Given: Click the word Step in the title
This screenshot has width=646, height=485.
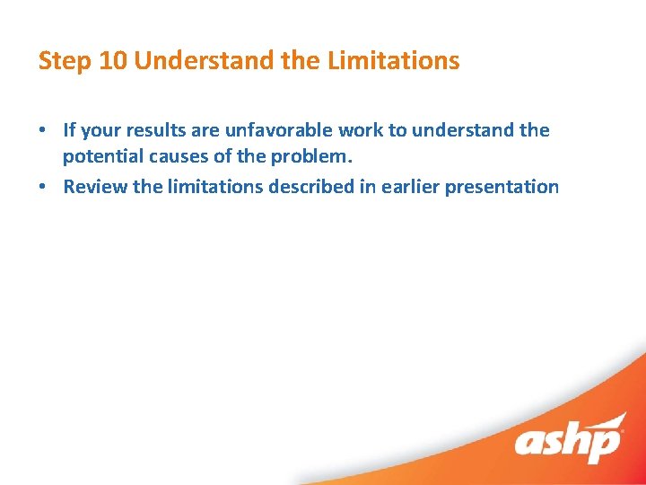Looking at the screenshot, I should pos(60,61).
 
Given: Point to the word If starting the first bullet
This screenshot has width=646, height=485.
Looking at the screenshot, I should pos(69,130).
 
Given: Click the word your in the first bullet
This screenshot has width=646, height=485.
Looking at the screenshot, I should pos(99,130).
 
